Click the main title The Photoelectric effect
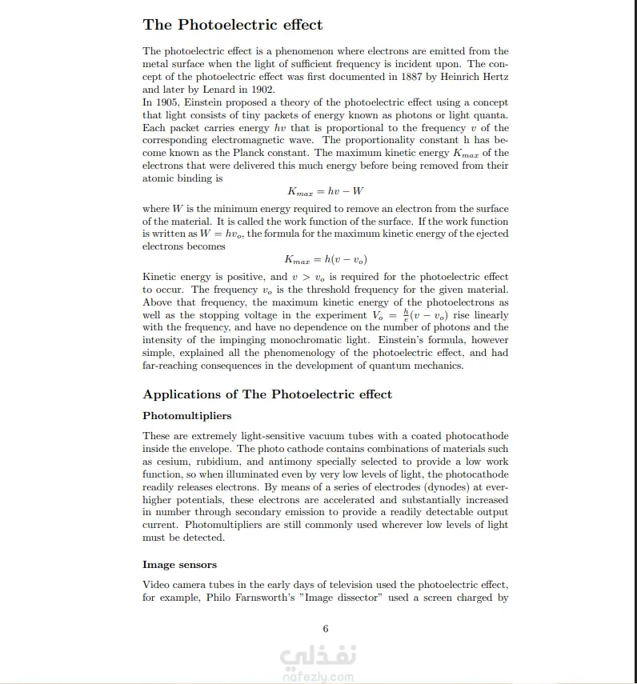pos(233,25)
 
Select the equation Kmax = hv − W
pos(325,192)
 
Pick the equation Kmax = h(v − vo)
pos(325,260)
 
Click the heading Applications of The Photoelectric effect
pos(267,394)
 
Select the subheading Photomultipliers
pos(187,416)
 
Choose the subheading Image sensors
pos(179,565)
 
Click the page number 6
pos(326,630)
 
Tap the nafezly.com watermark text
pos(318,676)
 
